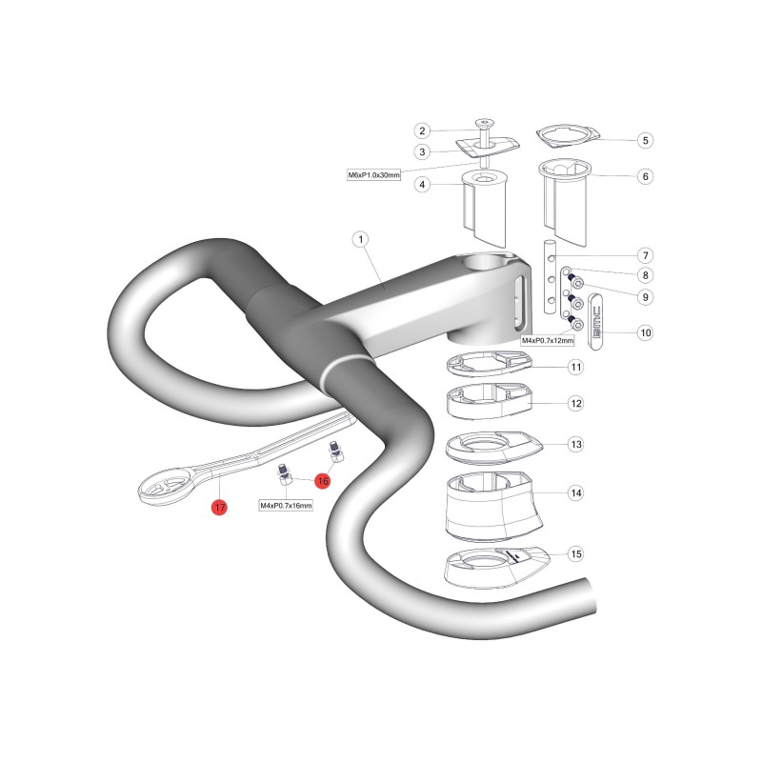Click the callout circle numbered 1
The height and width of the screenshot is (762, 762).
click(x=361, y=239)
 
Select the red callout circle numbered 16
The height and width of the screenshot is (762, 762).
click(x=323, y=481)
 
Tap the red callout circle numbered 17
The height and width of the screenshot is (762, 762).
click(x=220, y=508)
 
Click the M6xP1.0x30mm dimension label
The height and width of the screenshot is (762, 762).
click(x=373, y=175)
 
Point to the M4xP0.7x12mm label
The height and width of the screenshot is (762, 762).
click(x=547, y=341)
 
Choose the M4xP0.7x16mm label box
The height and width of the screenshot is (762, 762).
click(x=286, y=506)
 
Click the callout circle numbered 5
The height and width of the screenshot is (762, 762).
click(x=646, y=140)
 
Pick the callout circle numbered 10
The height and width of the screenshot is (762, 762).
click(x=646, y=332)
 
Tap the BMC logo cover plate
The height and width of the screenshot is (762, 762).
click(x=596, y=322)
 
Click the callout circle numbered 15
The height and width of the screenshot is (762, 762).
click(x=576, y=554)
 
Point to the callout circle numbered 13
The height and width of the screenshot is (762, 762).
click(x=576, y=444)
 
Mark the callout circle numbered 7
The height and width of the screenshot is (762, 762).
click(x=646, y=255)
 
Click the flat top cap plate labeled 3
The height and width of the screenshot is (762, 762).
click(x=488, y=148)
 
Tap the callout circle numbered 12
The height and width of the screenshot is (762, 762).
click(x=576, y=403)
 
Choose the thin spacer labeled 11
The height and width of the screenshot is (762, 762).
click(x=490, y=365)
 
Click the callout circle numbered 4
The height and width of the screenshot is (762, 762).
click(x=422, y=185)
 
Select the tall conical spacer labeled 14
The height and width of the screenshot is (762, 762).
click(x=493, y=507)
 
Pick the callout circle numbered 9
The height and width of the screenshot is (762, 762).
click(x=646, y=297)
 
